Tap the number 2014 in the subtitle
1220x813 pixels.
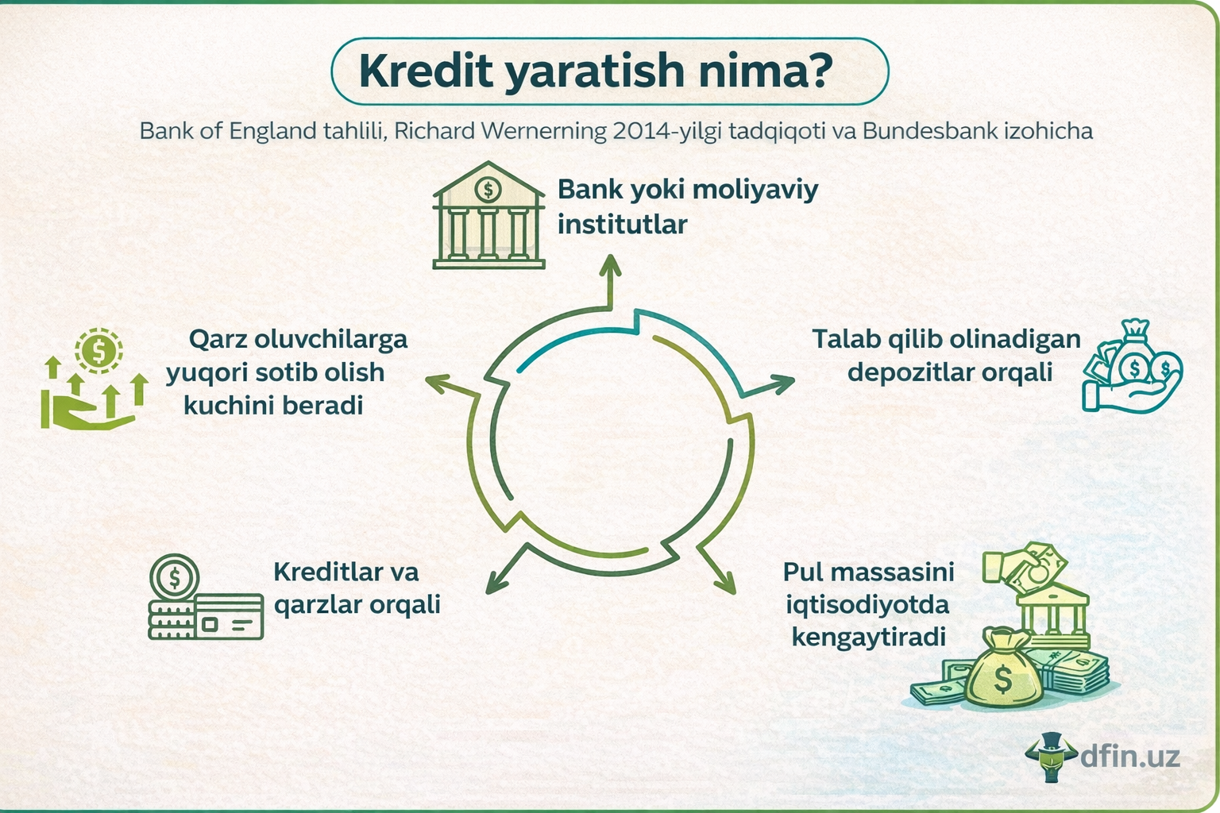[x=641, y=131]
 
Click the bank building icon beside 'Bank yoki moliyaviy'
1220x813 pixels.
[x=488, y=216]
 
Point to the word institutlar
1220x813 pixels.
[x=622, y=225]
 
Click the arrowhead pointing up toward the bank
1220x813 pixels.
[x=610, y=266]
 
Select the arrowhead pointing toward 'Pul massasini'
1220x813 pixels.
[x=724, y=584]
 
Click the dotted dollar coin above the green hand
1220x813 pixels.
[x=98, y=350]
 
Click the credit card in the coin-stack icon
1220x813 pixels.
[x=230, y=618]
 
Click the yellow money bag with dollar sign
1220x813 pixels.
[x=1003, y=671]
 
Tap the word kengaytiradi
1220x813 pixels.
[x=868, y=638]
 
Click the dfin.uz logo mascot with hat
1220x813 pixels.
[x=1053, y=757]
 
